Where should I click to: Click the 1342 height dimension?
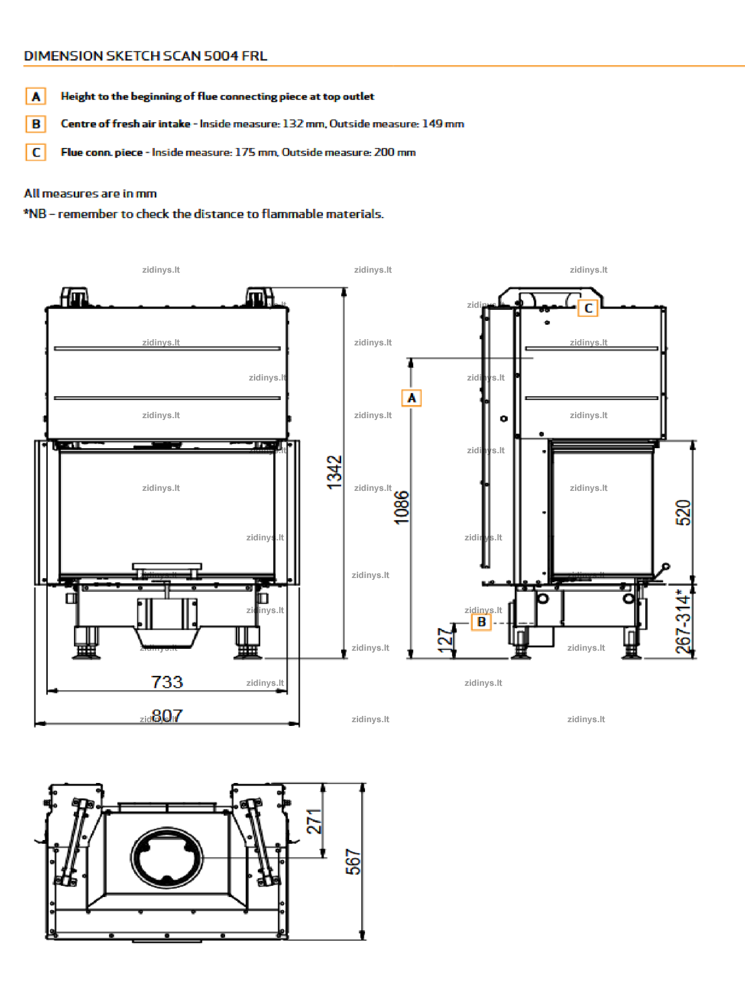[x=334, y=472]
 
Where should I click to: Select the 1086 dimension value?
[x=402, y=508]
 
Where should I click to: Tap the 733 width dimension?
[x=167, y=682]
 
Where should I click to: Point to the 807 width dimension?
[x=167, y=715]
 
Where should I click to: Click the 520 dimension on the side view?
[x=683, y=513]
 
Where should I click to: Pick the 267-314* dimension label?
[x=683, y=621]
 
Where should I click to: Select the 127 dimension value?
[x=445, y=640]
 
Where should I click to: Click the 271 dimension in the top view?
[x=314, y=821]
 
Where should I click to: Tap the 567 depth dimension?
[x=353, y=862]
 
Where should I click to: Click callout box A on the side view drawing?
[x=411, y=398]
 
